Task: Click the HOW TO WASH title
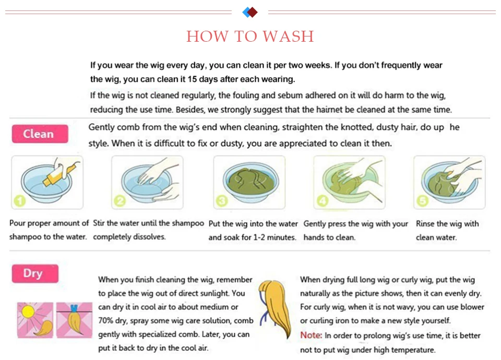coord(250,37)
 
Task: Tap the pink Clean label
coord(40,134)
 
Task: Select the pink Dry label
coord(35,273)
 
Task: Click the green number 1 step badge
coord(20,201)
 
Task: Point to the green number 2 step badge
coord(120,201)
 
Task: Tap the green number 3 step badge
coord(222,201)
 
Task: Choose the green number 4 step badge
coord(322,201)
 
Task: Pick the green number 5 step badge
coord(422,201)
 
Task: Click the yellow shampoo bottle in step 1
coord(60,175)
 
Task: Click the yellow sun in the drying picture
coord(28,312)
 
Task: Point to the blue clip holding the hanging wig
coord(74,308)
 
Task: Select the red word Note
coord(311,335)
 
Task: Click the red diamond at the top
coord(253,12)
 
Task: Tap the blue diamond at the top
coord(246,12)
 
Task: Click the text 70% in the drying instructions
coord(106,320)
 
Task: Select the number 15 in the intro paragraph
coord(192,79)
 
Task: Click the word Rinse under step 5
coord(425,224)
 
